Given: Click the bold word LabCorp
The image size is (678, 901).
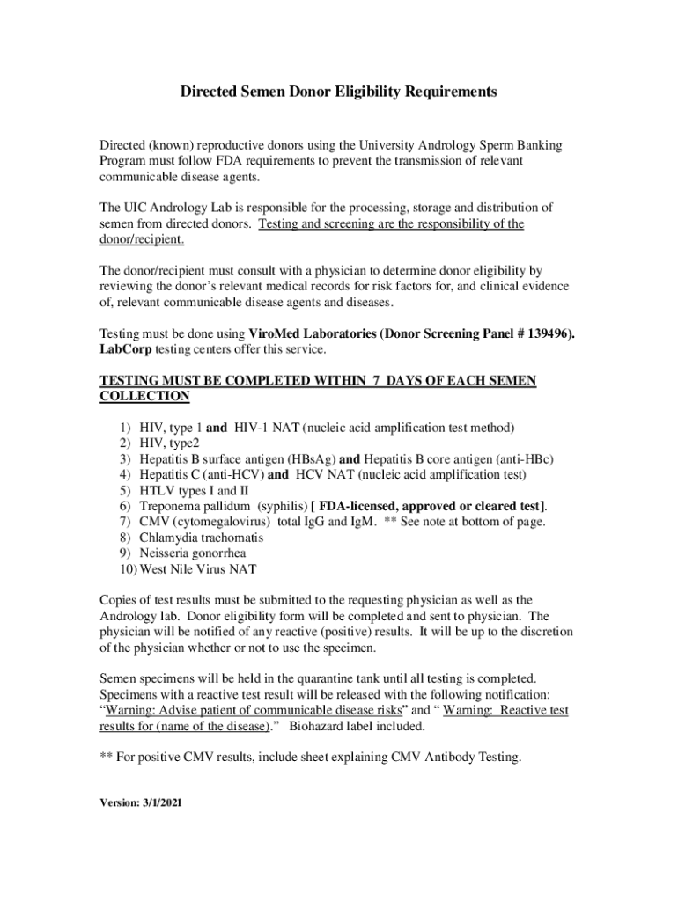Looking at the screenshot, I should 126,349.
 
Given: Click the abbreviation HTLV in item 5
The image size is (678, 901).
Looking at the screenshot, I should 157,491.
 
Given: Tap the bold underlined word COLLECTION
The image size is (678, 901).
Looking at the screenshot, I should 144,397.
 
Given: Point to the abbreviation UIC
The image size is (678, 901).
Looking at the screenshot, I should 138,208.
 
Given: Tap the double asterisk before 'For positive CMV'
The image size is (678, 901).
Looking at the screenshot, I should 107,756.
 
